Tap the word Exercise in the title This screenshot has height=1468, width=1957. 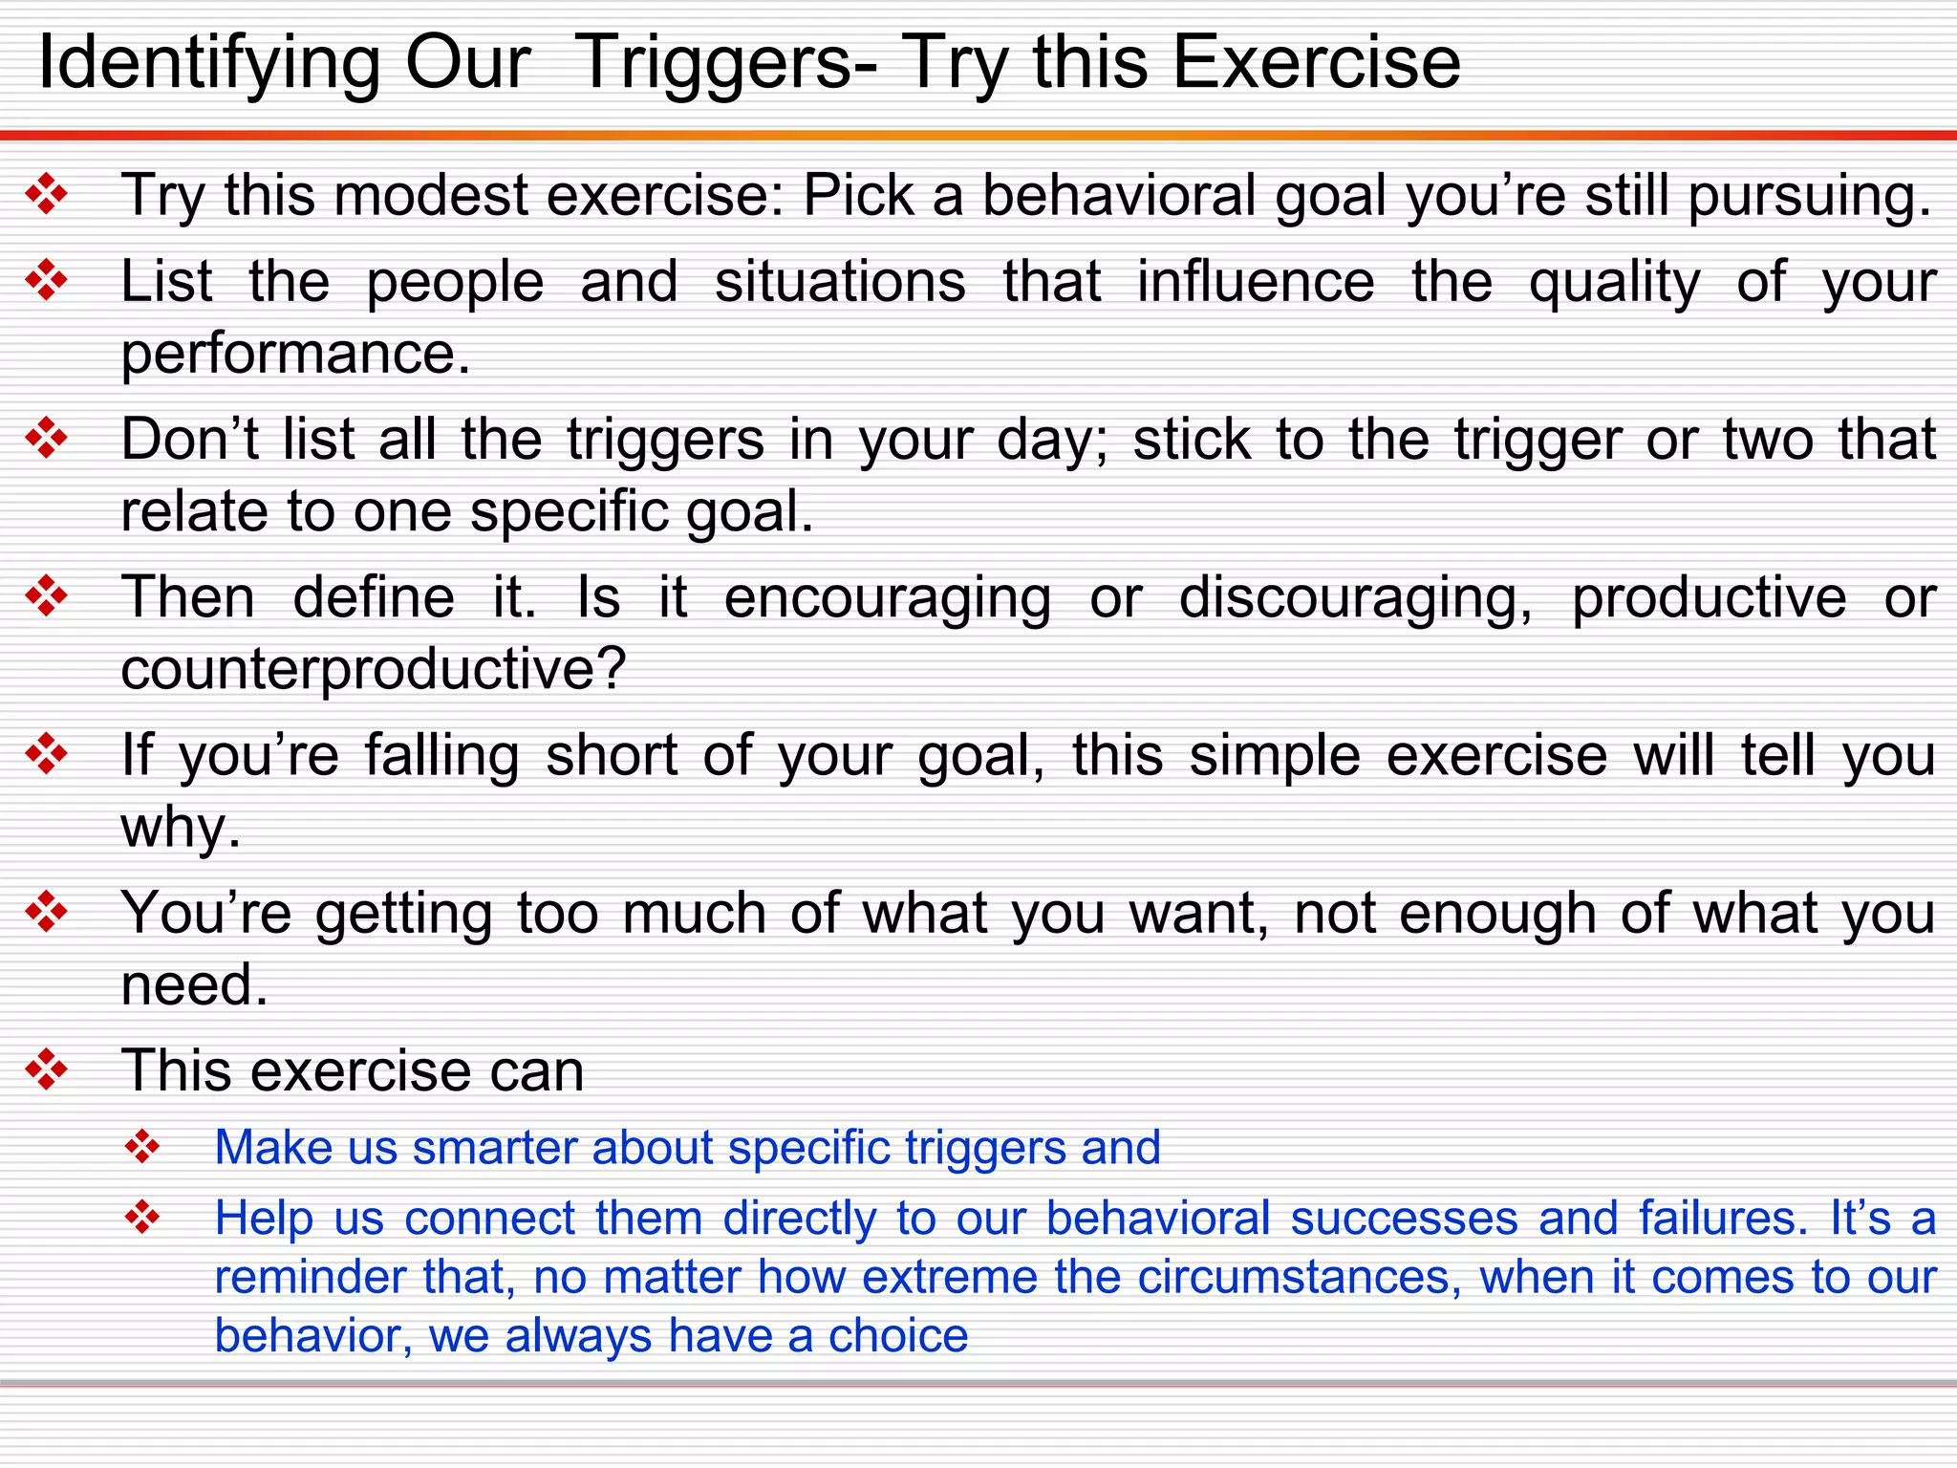point(1316,63)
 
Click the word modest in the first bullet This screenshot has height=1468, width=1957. point(432,195)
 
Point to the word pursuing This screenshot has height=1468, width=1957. point(1809,197)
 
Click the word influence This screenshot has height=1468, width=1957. point(1255,282)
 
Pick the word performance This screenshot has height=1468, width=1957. point(295,355)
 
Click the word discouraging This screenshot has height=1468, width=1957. point(1355,598)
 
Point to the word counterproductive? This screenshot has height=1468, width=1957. point(373,669)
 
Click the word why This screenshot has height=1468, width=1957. point(180,828)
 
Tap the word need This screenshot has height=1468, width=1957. point(194,984)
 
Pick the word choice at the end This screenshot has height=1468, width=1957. point(897,1335)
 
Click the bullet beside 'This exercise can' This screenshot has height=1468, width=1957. point(47,1070)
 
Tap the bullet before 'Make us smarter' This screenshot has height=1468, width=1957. point(142,1147)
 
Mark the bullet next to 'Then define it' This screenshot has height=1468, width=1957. point(47,597)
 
